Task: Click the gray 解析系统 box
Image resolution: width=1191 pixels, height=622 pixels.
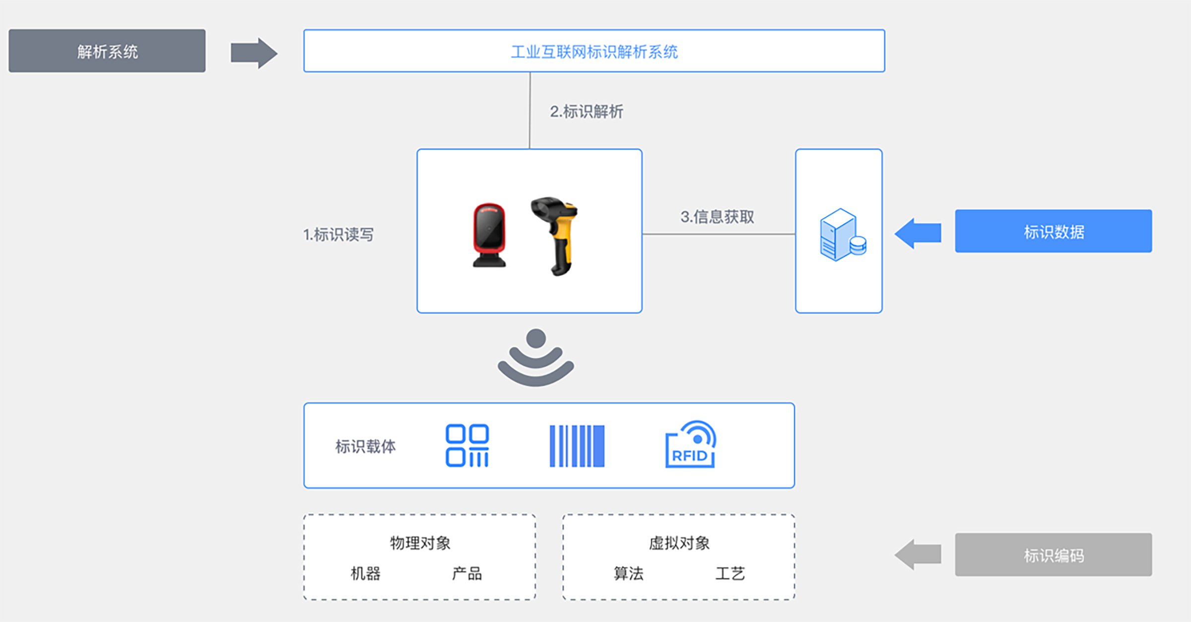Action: point(107,51)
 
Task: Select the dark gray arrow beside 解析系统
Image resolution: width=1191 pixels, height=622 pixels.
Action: point(254,53)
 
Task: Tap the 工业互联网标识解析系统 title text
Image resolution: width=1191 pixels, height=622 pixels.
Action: point(594,52)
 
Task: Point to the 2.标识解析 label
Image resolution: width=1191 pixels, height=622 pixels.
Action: point(586,112)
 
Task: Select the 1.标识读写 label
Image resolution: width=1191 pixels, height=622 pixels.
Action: point(338,234)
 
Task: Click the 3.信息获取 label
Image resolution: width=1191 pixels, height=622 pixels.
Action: point(717,217)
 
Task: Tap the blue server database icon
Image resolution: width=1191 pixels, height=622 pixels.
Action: point(842,235)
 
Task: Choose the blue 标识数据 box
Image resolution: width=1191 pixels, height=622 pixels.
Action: point(1053,231)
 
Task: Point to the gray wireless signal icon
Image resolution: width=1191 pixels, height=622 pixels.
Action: point(535,357)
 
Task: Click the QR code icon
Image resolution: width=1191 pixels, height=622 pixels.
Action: point(467,445)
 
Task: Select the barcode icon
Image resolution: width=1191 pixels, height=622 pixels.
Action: point(577,445)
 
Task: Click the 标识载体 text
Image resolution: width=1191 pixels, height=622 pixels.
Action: point(365,446)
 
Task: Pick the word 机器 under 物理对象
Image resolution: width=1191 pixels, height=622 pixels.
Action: point(365,574)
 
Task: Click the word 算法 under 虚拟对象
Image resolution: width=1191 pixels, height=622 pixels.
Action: point(628,574)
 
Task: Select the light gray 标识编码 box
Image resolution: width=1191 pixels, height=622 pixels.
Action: point(1053,555)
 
